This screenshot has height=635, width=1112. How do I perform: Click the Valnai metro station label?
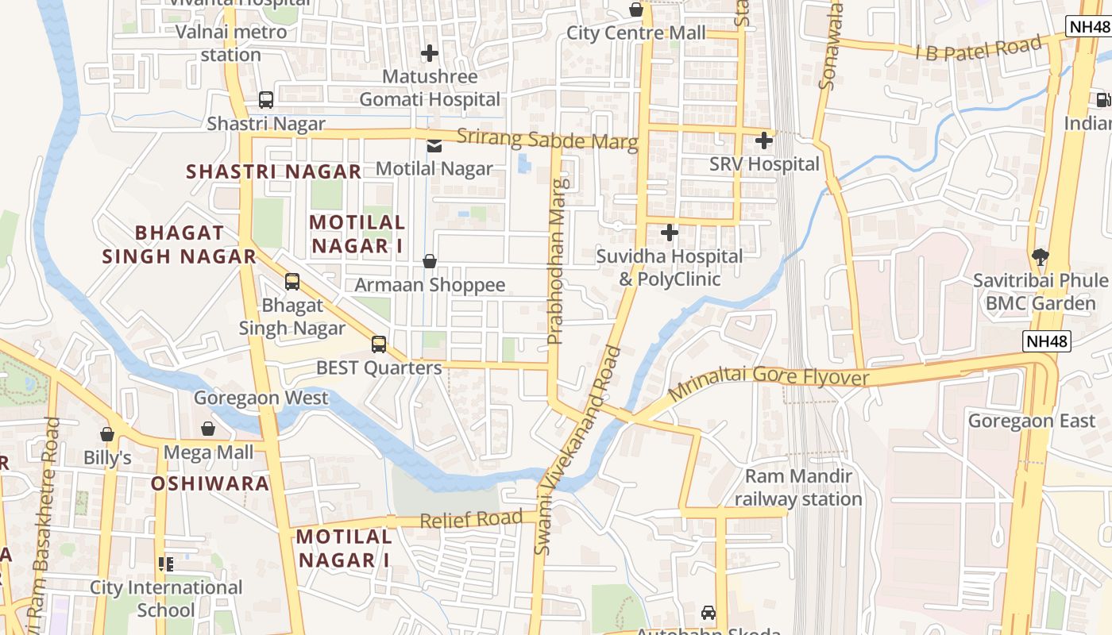point(231,44)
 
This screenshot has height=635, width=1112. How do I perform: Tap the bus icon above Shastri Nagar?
point(266,100)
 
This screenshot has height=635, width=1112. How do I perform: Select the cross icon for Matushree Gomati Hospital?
point(430,53)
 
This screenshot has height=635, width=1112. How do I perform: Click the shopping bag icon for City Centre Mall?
point(636,10)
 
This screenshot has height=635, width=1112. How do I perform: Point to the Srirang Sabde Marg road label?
point(547,140)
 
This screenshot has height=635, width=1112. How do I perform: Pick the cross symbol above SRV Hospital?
point(764,140)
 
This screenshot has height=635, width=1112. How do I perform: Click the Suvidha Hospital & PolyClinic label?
point(670,267)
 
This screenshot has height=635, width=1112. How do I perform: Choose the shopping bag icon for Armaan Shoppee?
point(430,261)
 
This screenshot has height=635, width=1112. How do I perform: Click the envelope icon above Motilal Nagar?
point(434,145)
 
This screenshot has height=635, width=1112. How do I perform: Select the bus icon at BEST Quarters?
point(379,344)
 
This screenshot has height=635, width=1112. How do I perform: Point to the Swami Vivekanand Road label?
point(577,449)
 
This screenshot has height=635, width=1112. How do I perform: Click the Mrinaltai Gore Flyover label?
point(768,383)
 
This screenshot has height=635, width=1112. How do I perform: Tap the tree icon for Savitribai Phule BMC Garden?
point(1040,256)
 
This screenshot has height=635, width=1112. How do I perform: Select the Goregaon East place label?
point(1031,421)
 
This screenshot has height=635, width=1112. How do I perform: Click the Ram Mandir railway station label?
point(797,487)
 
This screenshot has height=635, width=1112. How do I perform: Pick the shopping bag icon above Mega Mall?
point(208,429)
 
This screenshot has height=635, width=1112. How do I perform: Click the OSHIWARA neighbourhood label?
point(210,483)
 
